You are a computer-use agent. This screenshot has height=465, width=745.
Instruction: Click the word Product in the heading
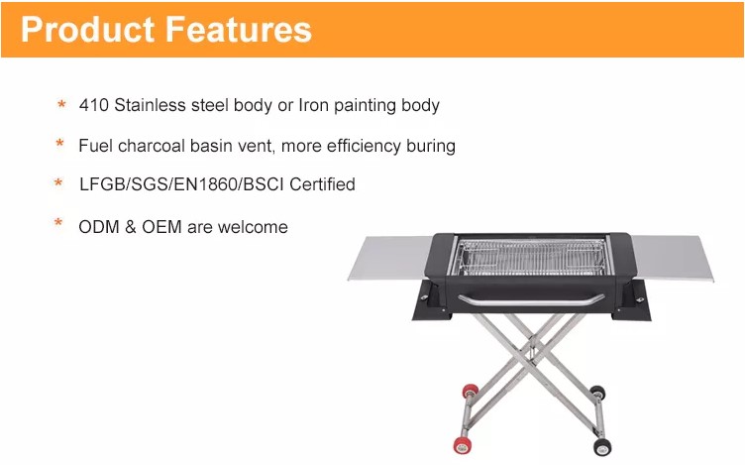point(88,30)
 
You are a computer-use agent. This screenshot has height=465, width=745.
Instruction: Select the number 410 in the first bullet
point(93,105)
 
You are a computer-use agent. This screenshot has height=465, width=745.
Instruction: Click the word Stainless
point(150,105)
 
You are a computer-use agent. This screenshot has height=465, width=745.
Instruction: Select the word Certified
point(322,184)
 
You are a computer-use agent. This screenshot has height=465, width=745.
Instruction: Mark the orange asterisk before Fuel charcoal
point(59,143)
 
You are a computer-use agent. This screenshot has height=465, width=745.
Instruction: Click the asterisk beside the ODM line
point(58,222)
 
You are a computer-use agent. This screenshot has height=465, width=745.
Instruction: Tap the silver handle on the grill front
point(531,301)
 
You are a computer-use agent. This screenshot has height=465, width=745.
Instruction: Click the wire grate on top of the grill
point(531,257)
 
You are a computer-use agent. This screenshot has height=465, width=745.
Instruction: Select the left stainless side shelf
point(390,258)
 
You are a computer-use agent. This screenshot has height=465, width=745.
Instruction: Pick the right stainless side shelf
point(673,258)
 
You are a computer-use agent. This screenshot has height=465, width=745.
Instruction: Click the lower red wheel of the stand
point(462,445)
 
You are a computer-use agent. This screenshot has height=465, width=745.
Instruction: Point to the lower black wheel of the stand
point(602,446)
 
